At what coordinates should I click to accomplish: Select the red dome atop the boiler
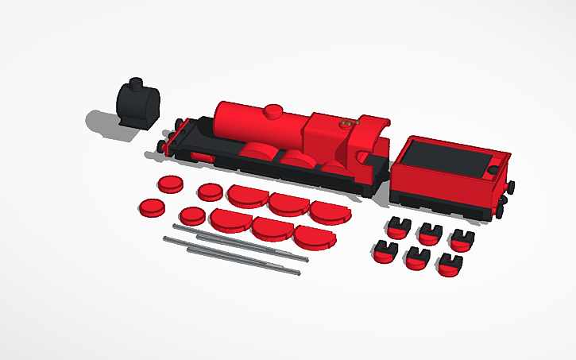coord(275,111)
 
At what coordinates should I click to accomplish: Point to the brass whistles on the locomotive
coord(347,124)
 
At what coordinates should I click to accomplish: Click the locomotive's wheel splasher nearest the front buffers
coord(259,151)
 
